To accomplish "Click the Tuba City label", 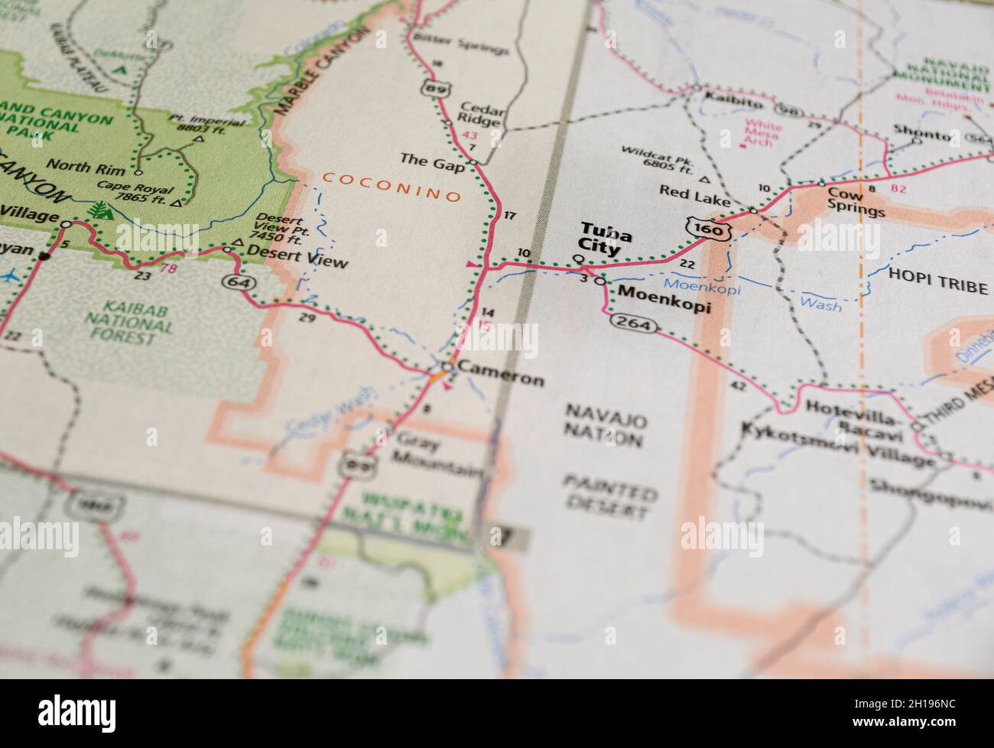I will (x=601, y=239).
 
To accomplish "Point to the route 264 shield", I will (x=634, y=325).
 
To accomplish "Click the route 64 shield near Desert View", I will (x=235, y=281).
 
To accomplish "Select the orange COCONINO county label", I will (x=391, y=187).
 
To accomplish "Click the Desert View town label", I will (x=309, y=261).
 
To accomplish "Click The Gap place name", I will (x=432, y=160).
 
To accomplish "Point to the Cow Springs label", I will (x=855, y=203).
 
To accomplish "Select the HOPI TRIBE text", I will (x=937, y=288).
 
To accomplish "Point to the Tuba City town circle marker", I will (x=579, y=259).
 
